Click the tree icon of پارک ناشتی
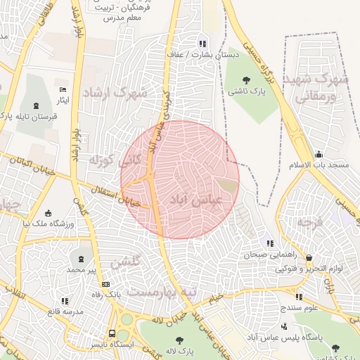[x=246, y=79]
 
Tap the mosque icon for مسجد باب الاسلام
[x=319, y=155]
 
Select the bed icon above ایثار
[x=63, y=90]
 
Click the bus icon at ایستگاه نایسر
[x=112, y=333]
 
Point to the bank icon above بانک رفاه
[x=105, y=284]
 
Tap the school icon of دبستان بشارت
[x=203, y=44]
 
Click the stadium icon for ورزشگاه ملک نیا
[x=48, y=213]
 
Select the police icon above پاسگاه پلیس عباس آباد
[x=283, y=326]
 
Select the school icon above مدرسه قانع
[x=65, y=301]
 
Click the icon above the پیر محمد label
[x=79, y=259]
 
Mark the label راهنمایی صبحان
[x=266, y=256]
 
